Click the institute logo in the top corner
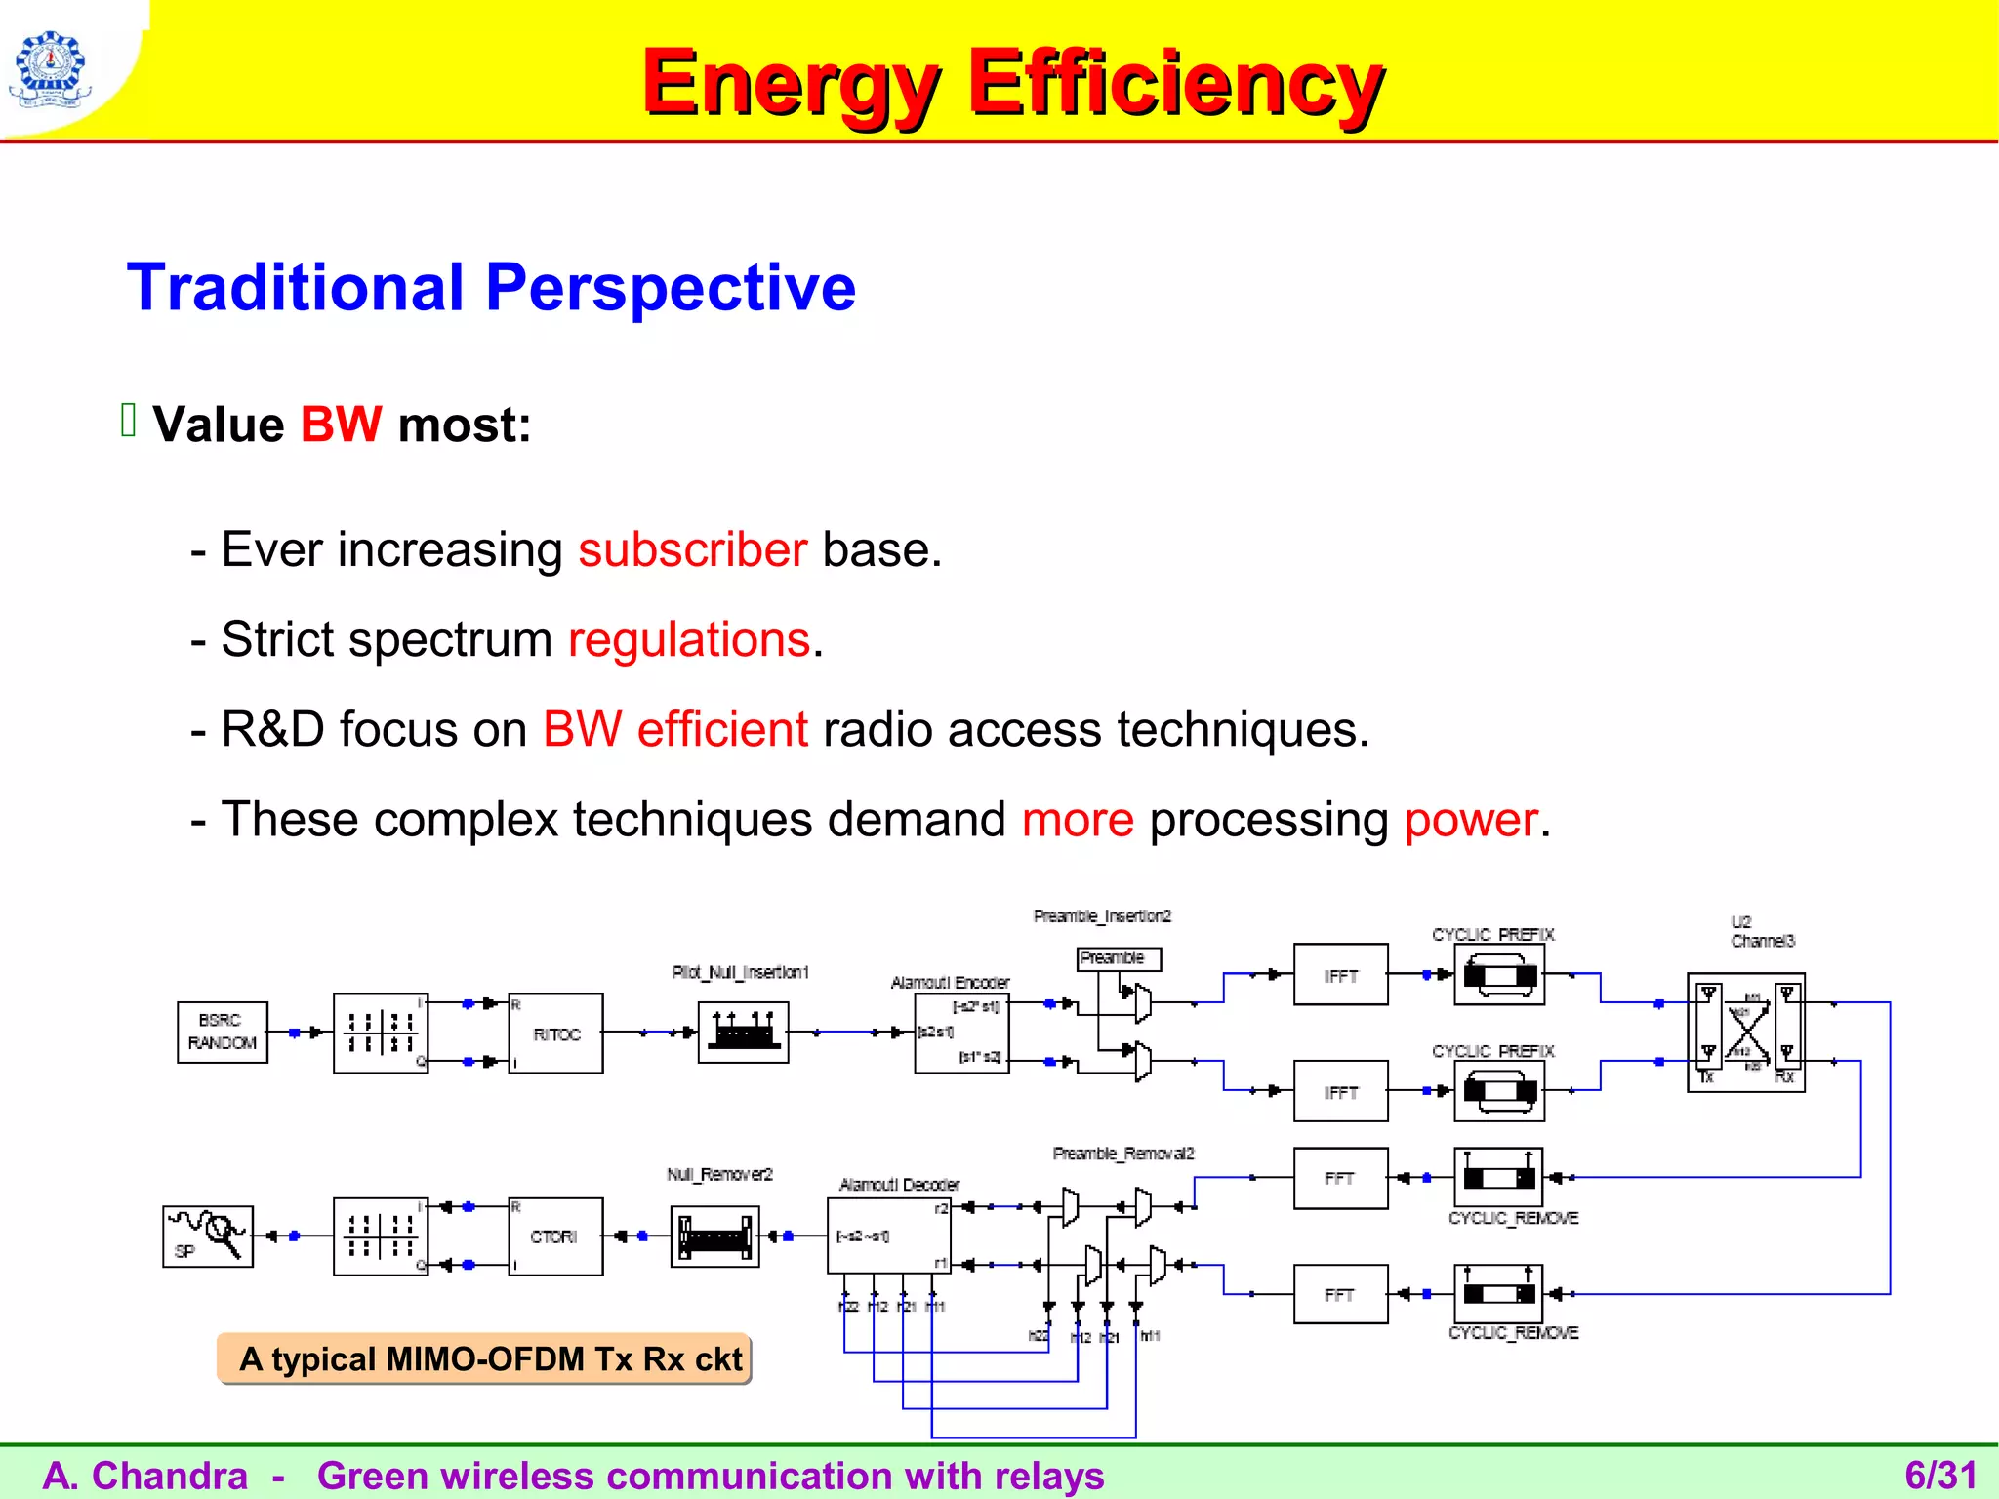[x=49, y=68]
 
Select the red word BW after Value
[x=341, y=425]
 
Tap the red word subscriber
[x=692, y=549]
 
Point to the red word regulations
[x=689, y=640]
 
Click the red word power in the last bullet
[x=1471, y=820]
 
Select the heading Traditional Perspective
[x=491, y=287]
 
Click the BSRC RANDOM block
[x=222, y=1032]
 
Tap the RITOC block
[x=555, y=1033]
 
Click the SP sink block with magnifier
[x=207, y=1236]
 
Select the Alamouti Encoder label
[x=950, y=983]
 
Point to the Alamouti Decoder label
[x=899, y=1185]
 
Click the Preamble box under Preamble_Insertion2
[x=1119, y=958]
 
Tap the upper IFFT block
[x=1340, y=975]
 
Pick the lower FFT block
[x=1340, y=1294]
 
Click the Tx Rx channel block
[x=1745, y=1033]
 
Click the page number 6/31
[x=1939, y=1475]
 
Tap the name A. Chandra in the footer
[x=146, y=1476]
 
